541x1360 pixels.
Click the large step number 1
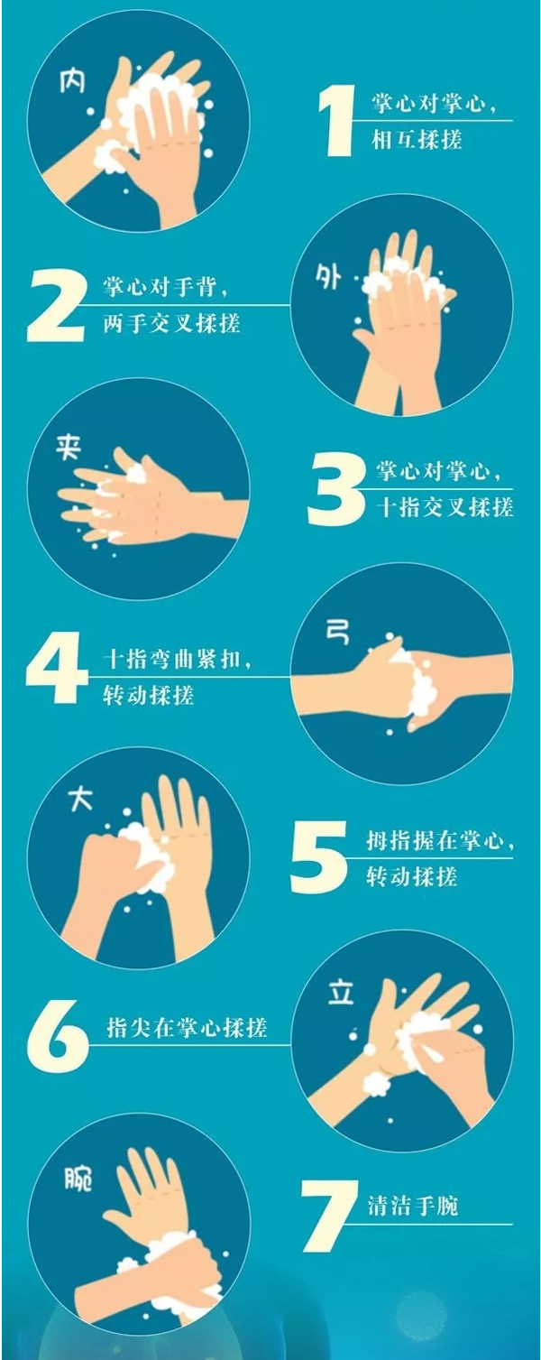336,120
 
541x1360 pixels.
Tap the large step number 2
55,305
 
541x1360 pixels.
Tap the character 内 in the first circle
72,82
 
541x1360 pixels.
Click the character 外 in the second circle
328,278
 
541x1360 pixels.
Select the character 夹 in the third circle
69,448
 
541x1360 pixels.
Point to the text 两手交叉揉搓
171,323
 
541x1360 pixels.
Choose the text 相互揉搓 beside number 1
417,140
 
